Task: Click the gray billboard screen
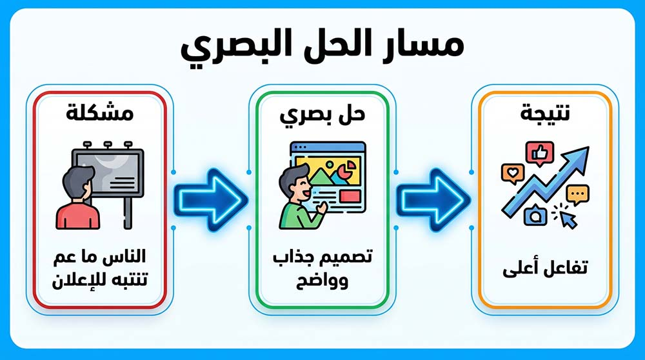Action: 110,173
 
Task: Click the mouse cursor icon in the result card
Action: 568,218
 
